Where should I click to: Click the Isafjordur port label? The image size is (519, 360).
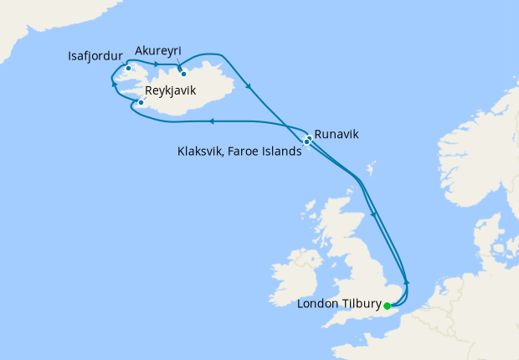coord(95,57)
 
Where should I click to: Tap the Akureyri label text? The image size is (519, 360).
coord(157,50)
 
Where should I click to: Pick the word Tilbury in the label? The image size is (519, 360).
coord(357,304)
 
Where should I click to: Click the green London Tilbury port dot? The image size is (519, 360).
coord(387,304)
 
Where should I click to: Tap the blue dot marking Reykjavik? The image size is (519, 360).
coord(141,103)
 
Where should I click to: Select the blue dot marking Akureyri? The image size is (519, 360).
coord(183,74)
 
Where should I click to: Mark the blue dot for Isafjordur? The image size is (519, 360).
coord(128,68)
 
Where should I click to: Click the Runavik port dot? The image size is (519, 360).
coord(309,137)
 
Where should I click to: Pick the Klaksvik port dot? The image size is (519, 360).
coord(306,142)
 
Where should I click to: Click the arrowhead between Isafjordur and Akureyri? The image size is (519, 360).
coord(157,64)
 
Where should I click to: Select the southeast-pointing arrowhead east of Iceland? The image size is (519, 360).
coord(249,86)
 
